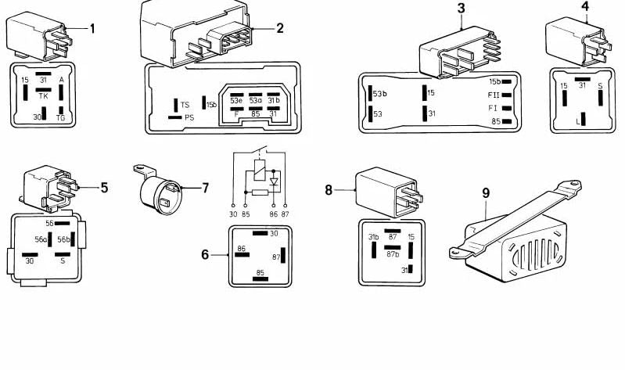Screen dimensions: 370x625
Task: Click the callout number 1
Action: click(92, 29)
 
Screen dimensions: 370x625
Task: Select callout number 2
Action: click(280, 28)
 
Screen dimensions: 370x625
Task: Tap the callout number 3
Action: click(462, 9)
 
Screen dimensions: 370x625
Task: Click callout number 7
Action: click(205, 188)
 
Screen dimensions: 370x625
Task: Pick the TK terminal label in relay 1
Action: click(44, 96)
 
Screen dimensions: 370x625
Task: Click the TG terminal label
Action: click(61, 117)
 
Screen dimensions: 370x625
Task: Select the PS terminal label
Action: click(189, 117)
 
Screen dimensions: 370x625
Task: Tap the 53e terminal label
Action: click(235, 100)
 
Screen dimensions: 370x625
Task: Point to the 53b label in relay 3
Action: click(380, 94)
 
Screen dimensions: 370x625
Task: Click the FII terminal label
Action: click(493, 94)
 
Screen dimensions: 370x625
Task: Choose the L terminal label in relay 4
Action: click(577, 122)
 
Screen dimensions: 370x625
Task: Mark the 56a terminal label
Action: click(41, 239)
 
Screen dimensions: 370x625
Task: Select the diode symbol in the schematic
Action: click(273, 181)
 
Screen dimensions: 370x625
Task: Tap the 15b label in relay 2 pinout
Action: click(211, 104)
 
